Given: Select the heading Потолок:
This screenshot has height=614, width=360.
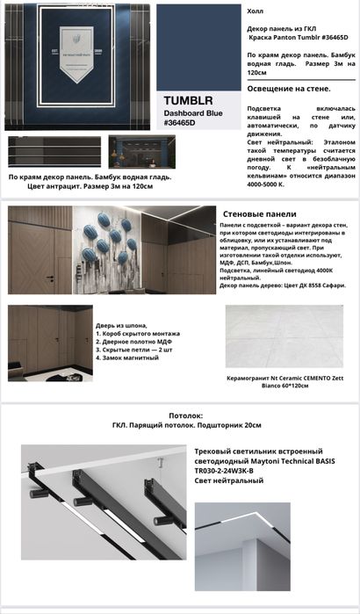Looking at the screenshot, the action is [x=184, y=415].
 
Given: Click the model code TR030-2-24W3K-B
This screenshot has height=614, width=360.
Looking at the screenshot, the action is [x=223, y=471].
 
